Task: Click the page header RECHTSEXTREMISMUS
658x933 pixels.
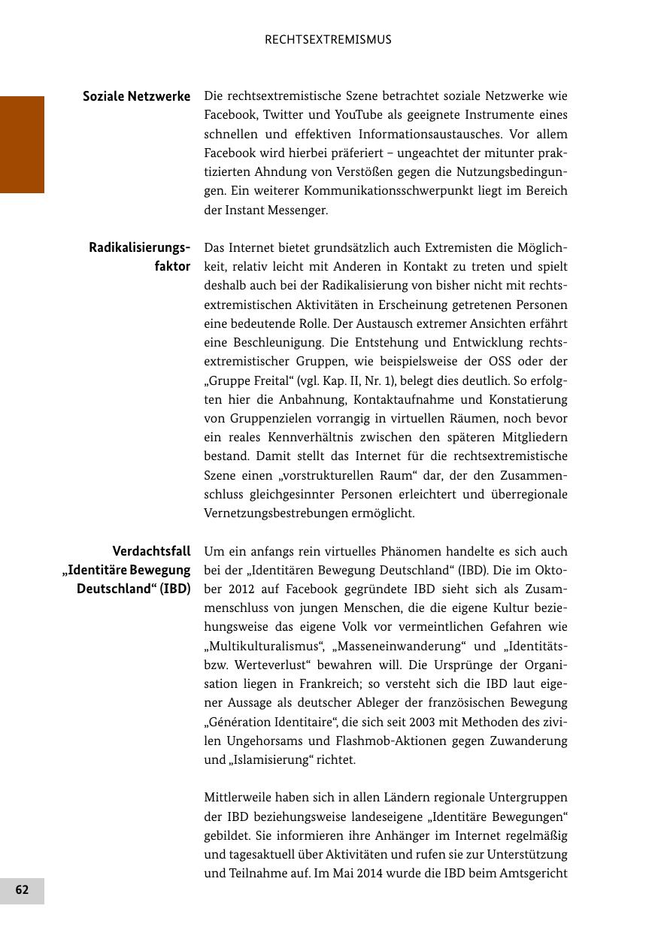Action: click(328, 40)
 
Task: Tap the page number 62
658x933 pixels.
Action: click(22, 890)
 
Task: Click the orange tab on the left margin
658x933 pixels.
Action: click(22, 144)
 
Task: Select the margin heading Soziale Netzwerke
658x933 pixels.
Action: click(136, 96)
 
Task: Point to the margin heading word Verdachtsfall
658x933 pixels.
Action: click(151, 551)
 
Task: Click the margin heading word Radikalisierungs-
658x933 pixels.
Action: click(139, 247)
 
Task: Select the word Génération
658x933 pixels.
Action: click(242, 722)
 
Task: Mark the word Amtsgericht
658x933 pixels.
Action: click(533, 873)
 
